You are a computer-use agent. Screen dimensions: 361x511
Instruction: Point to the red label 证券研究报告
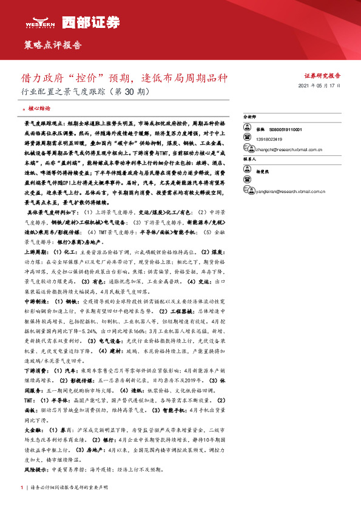[x=322, y=76]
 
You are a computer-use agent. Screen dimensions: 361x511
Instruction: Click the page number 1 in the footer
[x=22, y=487]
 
